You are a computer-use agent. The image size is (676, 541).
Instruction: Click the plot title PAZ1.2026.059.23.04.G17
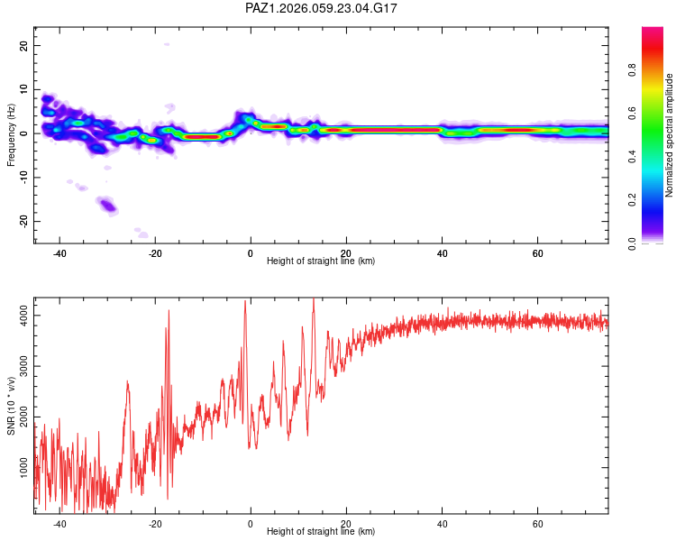322,8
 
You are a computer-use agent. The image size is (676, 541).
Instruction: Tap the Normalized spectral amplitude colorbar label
669,135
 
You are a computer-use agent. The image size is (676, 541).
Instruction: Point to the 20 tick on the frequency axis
23,45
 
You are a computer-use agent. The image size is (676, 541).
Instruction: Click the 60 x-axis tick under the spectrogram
537,253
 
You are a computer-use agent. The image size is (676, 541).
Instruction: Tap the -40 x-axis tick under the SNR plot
59,524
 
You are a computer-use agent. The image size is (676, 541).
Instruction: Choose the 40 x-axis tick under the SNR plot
442,524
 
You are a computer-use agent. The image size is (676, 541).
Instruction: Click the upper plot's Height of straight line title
322,261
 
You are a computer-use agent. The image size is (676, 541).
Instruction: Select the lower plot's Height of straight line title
322,532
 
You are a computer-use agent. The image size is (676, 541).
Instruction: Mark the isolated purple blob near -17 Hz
108,206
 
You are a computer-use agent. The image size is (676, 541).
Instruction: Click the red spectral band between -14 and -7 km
202,137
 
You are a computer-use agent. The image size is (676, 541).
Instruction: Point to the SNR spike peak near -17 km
168,311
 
